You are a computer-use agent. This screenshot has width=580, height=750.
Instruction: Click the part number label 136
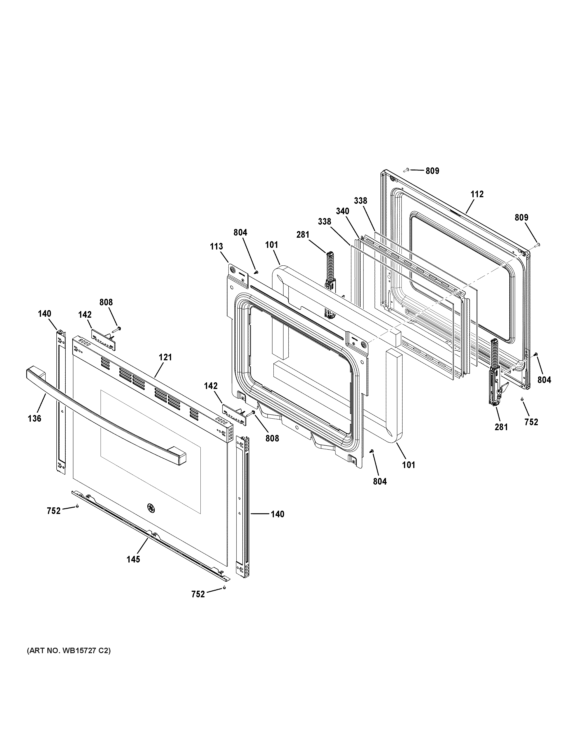coord(35,418)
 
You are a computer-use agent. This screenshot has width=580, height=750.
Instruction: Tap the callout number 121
coord(165,357)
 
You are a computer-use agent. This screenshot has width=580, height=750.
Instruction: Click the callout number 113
coord(217,246)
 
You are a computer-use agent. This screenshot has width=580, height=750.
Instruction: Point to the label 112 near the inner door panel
coord(477,194)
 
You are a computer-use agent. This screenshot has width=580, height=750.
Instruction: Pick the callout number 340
coord(343,211)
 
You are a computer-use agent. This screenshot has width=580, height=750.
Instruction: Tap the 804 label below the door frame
coord(380,482)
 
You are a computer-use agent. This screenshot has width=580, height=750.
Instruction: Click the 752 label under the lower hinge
coord(531,422)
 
